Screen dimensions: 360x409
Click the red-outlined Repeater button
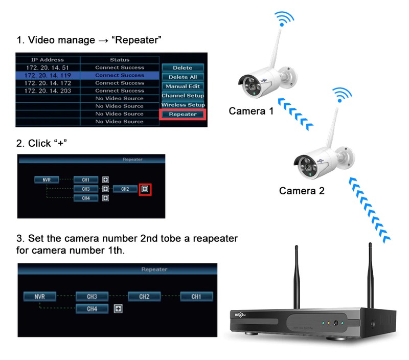[183, 114]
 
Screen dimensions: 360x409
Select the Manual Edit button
[183, 86]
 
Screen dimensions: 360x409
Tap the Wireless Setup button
[183, 105]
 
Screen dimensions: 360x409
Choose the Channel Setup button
[183, 96]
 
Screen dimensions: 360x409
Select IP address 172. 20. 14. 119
[47, 75]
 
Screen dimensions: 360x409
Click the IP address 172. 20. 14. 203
[47, 91]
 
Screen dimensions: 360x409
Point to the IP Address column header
[48, 60]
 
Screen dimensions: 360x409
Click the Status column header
[120, 60]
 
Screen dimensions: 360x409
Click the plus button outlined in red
[145, 189]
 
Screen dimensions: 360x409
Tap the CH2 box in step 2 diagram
[125, 189]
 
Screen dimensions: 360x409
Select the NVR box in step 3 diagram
[39, 296]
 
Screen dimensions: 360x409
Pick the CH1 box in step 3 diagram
[196, 296]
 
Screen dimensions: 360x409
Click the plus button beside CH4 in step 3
[118, 309]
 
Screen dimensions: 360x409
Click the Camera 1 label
[251, 111]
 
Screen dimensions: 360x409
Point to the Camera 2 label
[302, 191]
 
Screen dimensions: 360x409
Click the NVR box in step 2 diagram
[47, 180]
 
